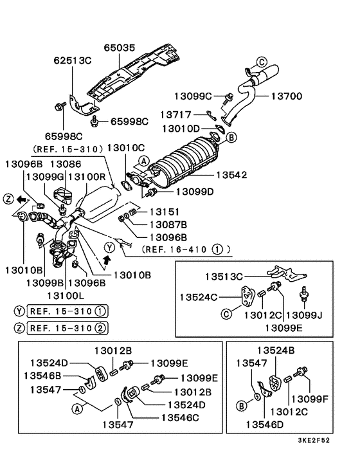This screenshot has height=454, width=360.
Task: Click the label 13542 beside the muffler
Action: click(232, 174)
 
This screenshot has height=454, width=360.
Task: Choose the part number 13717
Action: click(178, 114)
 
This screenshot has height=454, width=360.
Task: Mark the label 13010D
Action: click(183, 129)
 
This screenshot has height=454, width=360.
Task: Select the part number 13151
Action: click(165, 212)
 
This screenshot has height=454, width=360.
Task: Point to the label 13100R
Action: click(87, 176)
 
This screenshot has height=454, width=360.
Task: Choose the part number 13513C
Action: click(226, 277)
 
